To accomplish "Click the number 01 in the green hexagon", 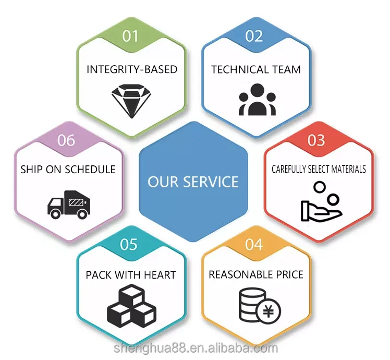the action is (131, 36).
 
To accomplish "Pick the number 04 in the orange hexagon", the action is (254, 244).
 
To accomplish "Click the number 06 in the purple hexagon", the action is (66, 140).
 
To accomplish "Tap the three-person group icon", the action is (257, 99).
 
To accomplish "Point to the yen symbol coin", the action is (269, 312).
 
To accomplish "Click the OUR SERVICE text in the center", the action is (193, 182).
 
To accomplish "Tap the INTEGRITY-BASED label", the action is (131, 69).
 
